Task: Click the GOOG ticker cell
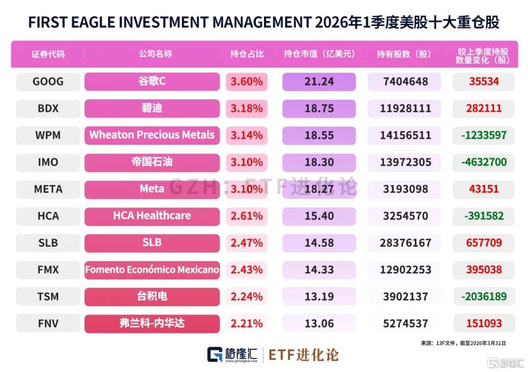tap(48, 82)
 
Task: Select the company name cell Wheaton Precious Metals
tap(152, 135)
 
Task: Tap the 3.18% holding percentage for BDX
tap(246, 109)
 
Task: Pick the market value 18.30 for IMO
tap(319, 162)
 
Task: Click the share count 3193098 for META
tap(405, 189)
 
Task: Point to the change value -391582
tap(484, 216)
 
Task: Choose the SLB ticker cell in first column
tap(48, 243)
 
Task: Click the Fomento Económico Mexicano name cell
tap(152, 270)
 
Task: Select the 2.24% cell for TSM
tap(246, 297)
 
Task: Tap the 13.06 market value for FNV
tap(319, 324)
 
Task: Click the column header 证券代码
tap(48, 54)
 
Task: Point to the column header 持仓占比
tap(247, 54)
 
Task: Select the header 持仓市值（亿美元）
tap(319, 54)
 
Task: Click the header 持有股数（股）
tap(404, 54)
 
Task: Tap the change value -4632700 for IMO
tap(484, 162)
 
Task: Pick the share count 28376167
tap(405, 243)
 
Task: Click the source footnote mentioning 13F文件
tap(463, 343)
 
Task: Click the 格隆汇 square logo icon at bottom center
tap(215, 354)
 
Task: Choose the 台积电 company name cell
tap(152, 297)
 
